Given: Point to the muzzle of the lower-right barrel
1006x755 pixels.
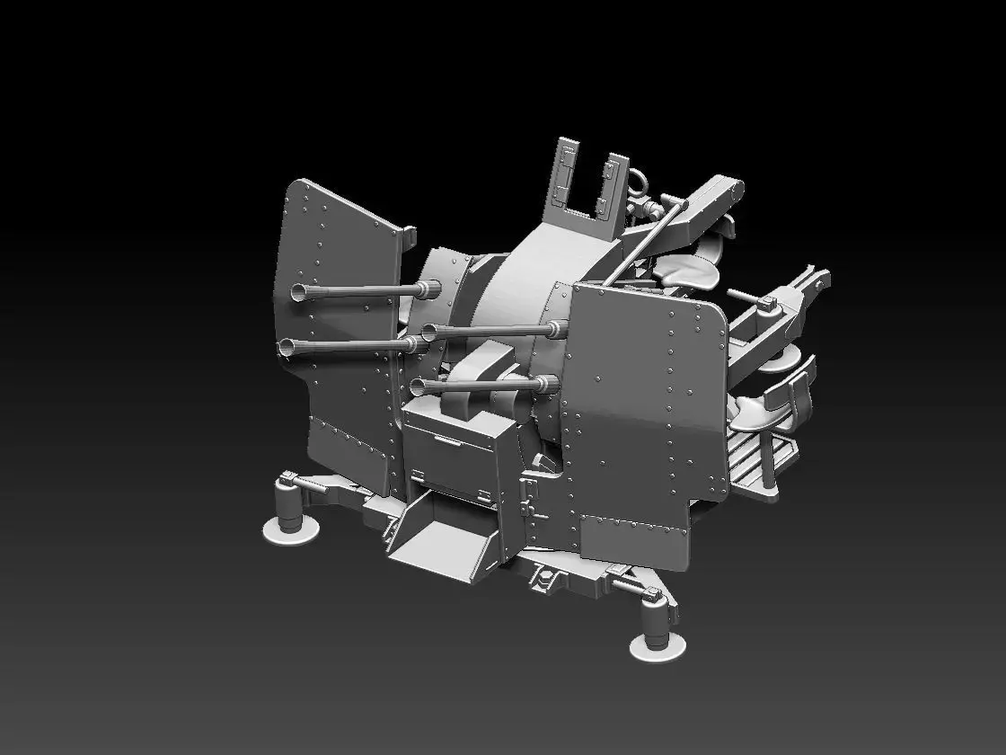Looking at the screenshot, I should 417,386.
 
